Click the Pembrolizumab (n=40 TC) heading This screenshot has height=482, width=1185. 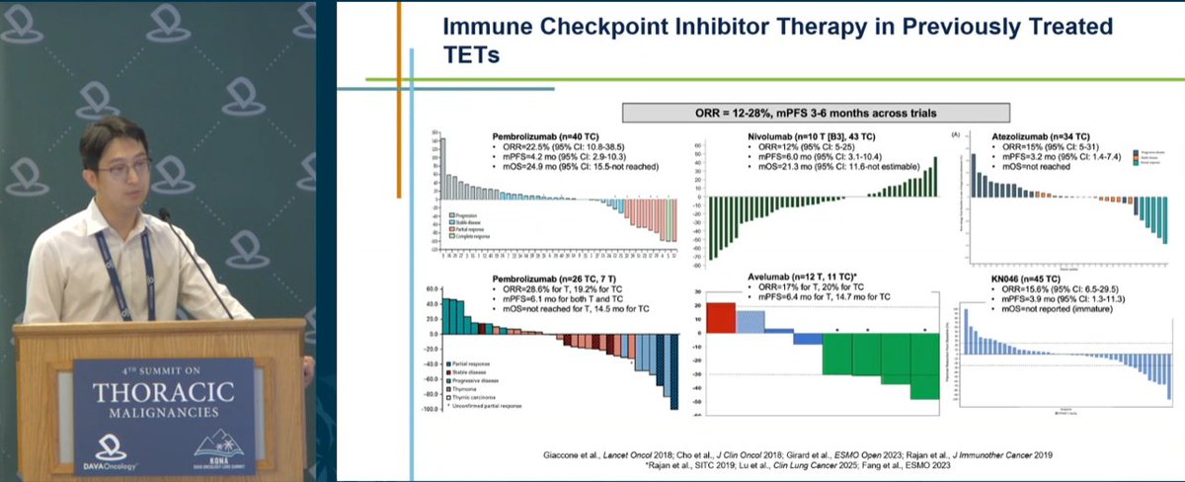[x=551, y=134]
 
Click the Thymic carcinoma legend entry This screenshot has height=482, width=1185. [x=481, y=395]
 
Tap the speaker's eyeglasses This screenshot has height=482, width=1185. [x=123, y=168]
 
